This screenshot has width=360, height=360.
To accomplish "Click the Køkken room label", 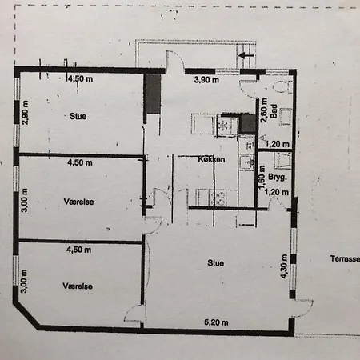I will [212, 160].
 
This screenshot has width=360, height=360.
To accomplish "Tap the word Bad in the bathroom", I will [274, 114].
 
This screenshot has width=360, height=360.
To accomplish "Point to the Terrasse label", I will [343, 259].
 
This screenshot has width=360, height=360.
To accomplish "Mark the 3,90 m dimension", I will [208, 80].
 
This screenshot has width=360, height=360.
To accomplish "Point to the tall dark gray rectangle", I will [153, 94].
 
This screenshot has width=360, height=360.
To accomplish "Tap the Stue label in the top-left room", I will [78, 116].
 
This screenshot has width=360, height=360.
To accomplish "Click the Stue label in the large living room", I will [214, 262].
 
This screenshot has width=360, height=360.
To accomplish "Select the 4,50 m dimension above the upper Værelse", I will [79, 162].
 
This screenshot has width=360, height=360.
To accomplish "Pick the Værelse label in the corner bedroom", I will [78, 285].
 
